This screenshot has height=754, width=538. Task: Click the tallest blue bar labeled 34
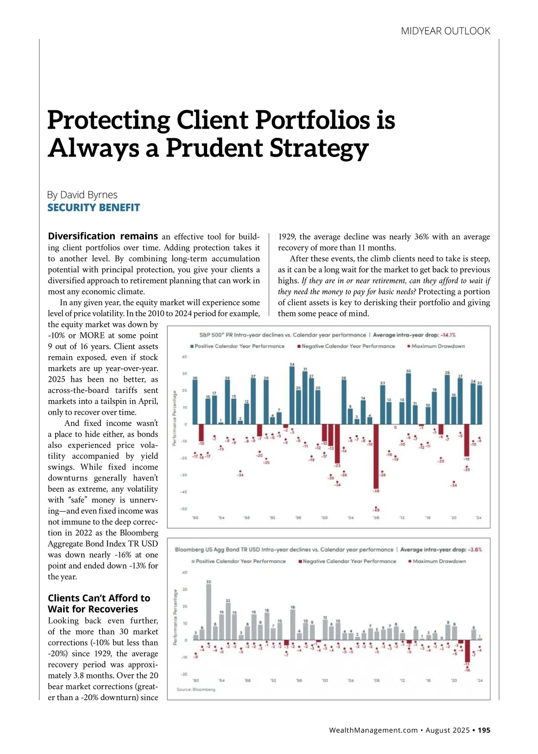click(292, 395)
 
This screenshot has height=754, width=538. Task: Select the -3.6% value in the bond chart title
click(475, 549)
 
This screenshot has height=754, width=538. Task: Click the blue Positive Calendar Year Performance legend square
click(192, 346)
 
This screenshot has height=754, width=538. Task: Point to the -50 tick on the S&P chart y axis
click(183, 509)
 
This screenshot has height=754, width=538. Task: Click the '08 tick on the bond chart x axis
click(377, 680)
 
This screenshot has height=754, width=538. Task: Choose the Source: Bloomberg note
click(196, 689)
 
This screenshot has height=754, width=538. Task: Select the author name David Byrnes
click(82, 195)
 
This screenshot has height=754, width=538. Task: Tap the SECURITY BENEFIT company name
click(94, 207)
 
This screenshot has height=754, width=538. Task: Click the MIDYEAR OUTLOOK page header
click(445, 31)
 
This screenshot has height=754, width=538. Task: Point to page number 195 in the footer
click(484, 730)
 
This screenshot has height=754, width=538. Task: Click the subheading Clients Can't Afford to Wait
click(99, 603)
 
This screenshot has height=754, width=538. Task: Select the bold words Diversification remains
click(103, 236)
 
